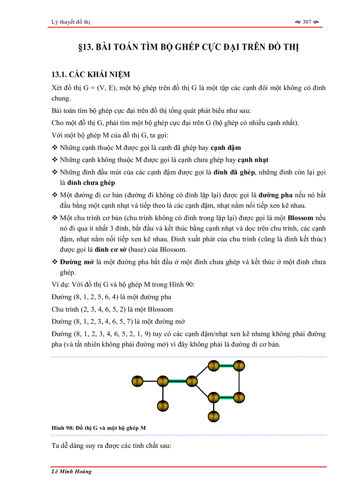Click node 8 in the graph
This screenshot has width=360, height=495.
point(138,381)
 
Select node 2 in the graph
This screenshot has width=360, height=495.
point(191,381)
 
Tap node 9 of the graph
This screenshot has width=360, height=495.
point(163,406)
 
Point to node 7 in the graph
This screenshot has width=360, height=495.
point(214,416)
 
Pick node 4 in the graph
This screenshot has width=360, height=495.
point(239,366)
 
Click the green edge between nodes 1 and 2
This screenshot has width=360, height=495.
point(177,381)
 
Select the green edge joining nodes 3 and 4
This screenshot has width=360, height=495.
point(226,366)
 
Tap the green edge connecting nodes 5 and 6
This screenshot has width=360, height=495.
point(226,398)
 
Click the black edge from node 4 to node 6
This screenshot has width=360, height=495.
point(239,382)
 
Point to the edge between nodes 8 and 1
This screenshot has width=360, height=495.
point(150,381)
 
